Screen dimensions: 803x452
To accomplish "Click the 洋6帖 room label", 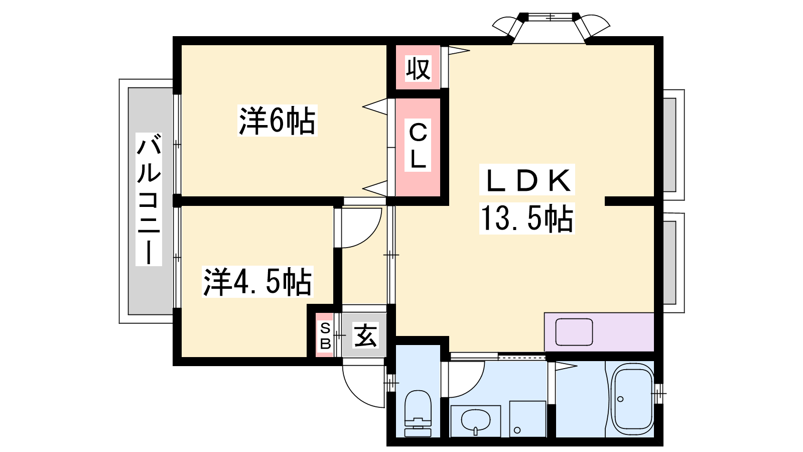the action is pyautogui.click(x=277, y=121).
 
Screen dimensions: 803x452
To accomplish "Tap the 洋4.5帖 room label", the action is pyautogui.click(x=257, y=282).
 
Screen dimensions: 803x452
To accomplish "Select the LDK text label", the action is pyautogui.click(x=527, y=180).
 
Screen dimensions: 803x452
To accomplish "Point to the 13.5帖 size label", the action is pyautogui.click(x=527, y=218).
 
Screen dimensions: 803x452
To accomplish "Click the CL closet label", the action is pyautogui.click(x=418, y=146).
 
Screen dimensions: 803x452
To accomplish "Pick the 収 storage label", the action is pyautogui.click(x=418, y=68).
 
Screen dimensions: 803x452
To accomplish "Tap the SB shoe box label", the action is pyautogui.click(x=325, y=336).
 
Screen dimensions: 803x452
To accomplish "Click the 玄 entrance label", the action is pyautogui.click(x=365, y=335).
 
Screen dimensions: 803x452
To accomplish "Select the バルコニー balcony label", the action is pyautogui.click(x=149, y=199).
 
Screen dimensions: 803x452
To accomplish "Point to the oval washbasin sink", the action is pyautogui.click(x=475, y=420).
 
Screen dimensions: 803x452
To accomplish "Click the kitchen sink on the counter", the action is pyautogui.click(x=574, y=332).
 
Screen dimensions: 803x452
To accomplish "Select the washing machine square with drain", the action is pyautogui.click(x=527, y=419).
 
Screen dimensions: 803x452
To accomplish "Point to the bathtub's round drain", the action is pyautogui.click(x=620, y=399).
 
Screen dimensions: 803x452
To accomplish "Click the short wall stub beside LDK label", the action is pyautogui.click(x=630, y=201).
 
